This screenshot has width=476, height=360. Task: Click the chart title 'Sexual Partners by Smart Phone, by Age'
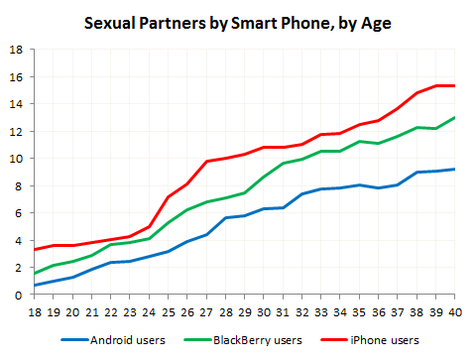pos(238,23)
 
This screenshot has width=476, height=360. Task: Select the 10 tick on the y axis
pos(16,158)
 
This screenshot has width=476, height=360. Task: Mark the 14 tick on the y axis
pos(16,103)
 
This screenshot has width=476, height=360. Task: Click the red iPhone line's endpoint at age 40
pos(453,85)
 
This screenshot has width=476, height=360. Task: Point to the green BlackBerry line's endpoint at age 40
pos(453,117)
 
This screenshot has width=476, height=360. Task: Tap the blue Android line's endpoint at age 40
pos(453,169)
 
